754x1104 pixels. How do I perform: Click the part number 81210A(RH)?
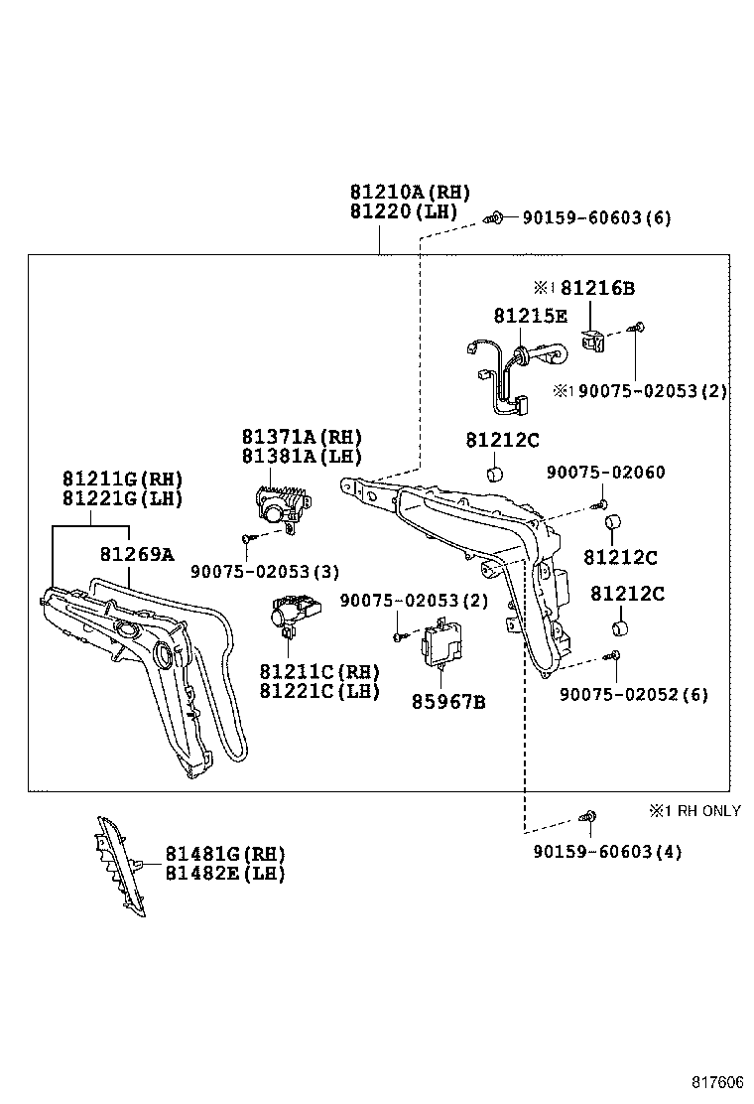410,193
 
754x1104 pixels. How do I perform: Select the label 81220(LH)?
404,211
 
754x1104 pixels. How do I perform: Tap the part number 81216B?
597,288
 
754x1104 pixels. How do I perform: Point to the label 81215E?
530,316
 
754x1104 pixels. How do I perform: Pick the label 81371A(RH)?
302,437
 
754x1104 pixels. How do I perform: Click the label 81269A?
137,555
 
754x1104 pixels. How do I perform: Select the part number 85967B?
448,702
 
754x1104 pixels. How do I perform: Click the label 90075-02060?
605,473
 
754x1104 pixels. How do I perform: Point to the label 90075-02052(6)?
634,695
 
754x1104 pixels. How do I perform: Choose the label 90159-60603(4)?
607,852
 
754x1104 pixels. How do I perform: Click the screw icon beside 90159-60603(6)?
495,217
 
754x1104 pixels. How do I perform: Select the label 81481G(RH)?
225,854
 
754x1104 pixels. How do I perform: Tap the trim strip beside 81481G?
120,866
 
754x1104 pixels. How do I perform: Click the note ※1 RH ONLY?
694,811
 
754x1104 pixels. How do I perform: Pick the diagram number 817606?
716,1082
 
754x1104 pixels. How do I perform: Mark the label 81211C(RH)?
319,672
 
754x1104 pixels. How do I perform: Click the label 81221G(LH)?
122,499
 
